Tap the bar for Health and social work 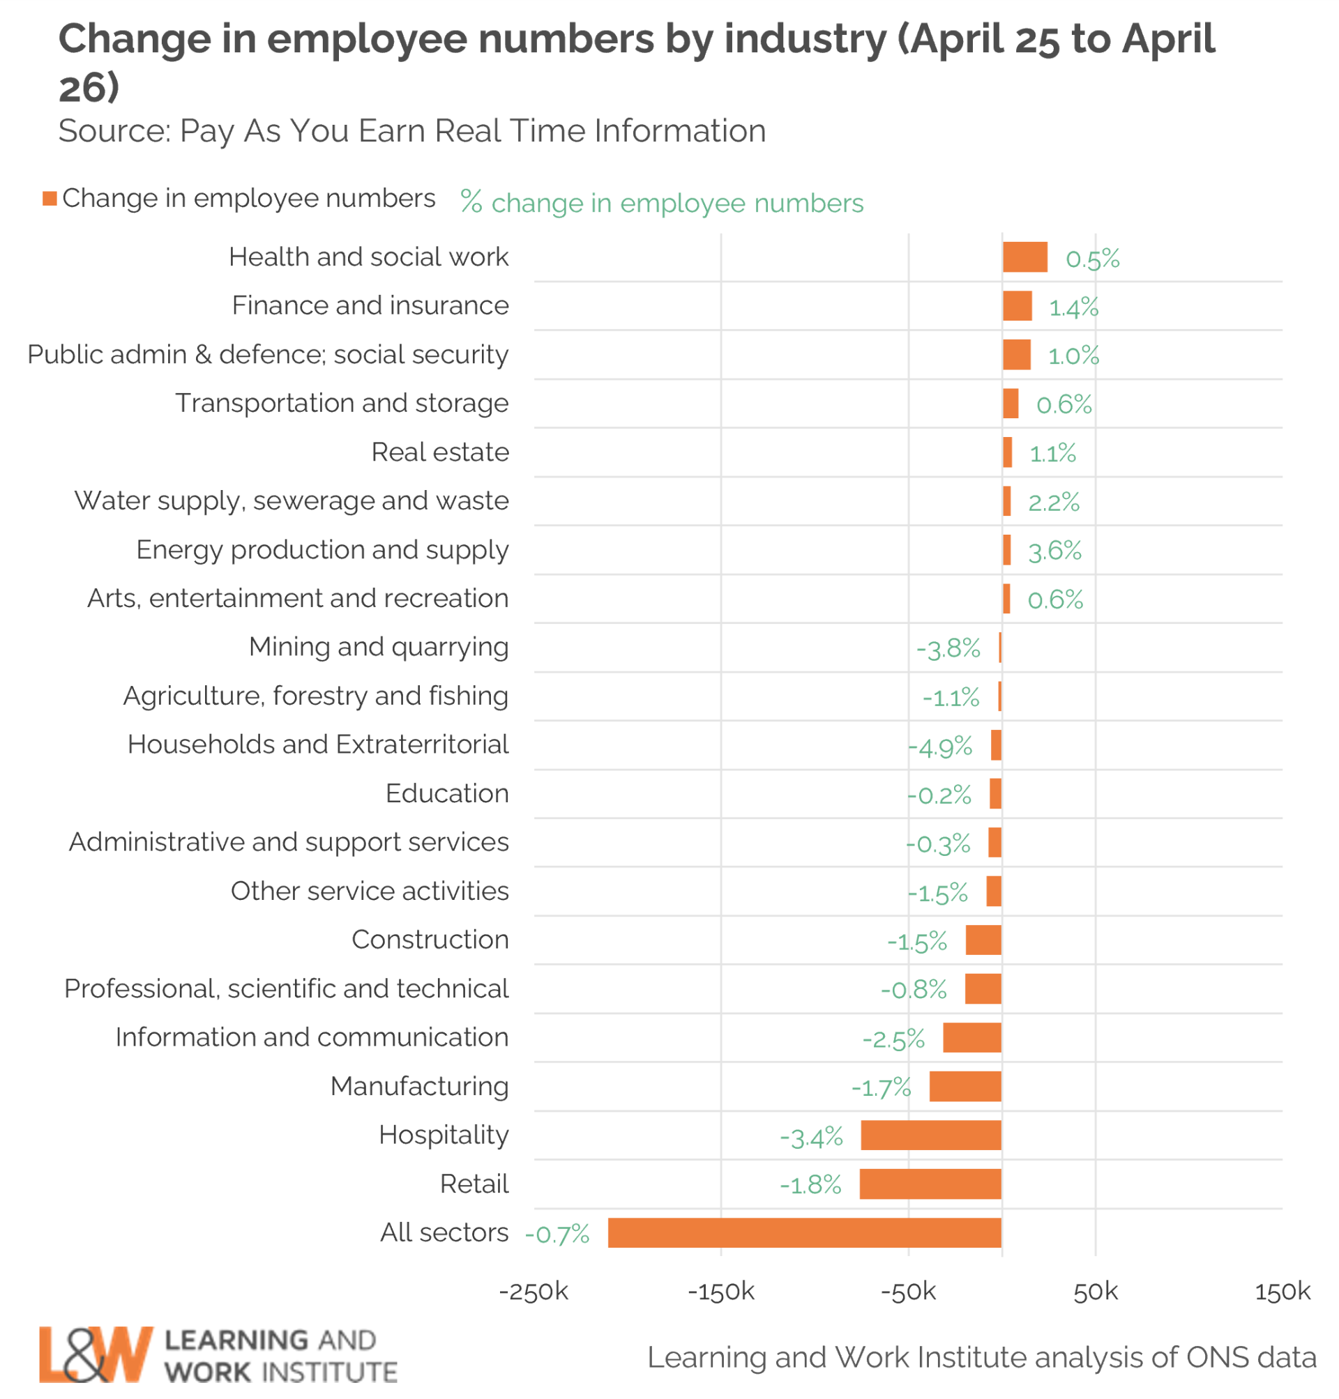point(1025,257)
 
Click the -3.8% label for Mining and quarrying point(948,648)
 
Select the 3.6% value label point(1055,551)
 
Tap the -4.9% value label point(940,747)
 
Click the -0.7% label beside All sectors point(557,1234)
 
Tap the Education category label point(447,793)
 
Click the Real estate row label point(439,452)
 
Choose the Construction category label point(430,940)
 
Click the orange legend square point(50,199)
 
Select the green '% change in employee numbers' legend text point(662,204)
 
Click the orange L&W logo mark point(96,1354)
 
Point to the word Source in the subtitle point(112,131)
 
